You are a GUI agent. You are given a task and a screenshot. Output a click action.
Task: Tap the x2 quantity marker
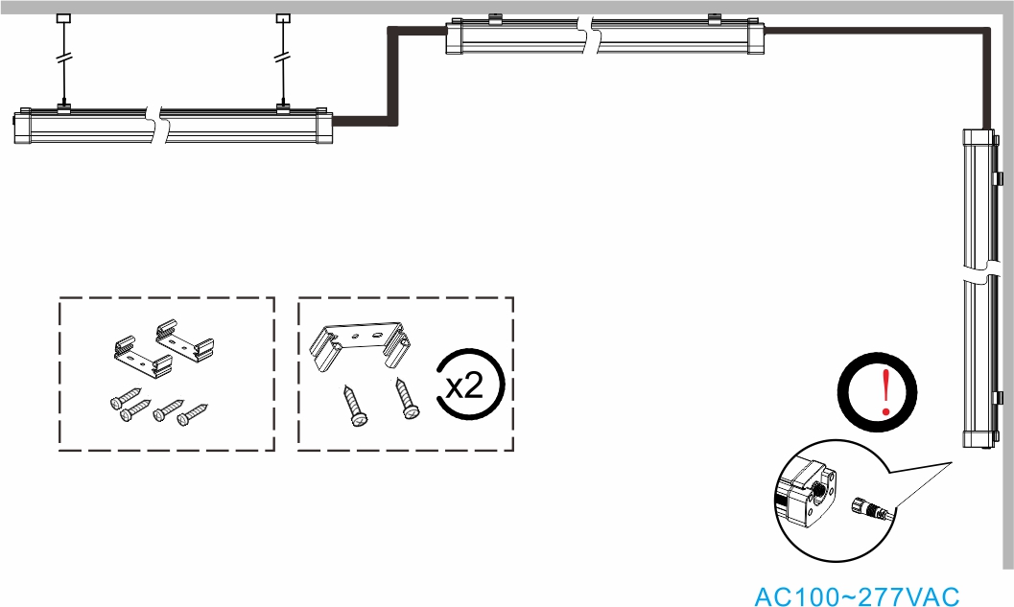pyautogui.click(x=465, y=385)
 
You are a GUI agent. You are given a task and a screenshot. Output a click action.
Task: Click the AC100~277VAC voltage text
pyautogui.click(x=857, y=596)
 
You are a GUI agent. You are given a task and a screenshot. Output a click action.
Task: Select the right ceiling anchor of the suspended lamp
pyautogui.click(x=283, y=18)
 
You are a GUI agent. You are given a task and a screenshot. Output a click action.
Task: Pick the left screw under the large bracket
pyautogui.click(x=354, y=406)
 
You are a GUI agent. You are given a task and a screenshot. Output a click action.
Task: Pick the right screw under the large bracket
pyautogui.click(x=407, y=398)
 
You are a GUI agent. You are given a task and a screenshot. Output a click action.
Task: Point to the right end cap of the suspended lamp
pyautogui.click(x=324, y=126)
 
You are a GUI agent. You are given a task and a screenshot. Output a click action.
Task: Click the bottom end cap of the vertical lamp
pyautogui.click(x=979, y=437)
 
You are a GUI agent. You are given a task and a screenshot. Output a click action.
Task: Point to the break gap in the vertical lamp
pyautogui.click(x=979, y=270)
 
